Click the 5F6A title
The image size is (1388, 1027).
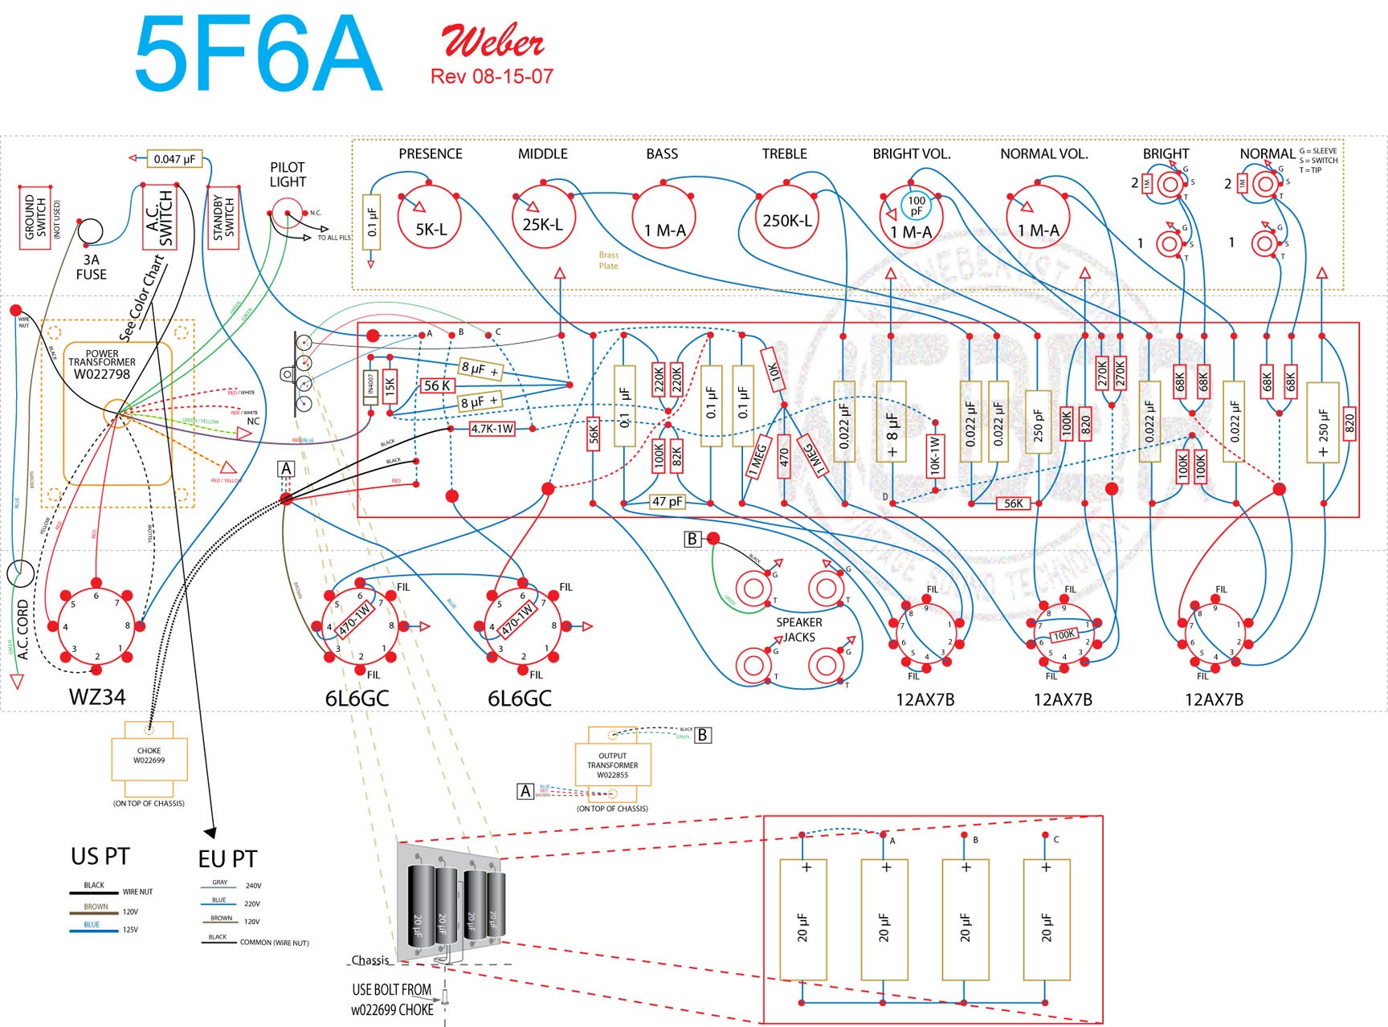[x=259, y=54]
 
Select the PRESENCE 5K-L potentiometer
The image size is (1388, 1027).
[x=431, y=218]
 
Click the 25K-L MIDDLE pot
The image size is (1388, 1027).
[x=542, y=218]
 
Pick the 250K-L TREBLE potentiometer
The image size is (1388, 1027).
[x=786, y=218]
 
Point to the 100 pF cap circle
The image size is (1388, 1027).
[x=916, y=206]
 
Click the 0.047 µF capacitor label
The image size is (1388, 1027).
[x=174, y=159]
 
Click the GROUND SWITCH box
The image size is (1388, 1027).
[x=35, y=217]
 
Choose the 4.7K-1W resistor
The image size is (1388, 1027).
[x=492, y=429]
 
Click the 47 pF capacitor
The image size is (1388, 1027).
[x=667, y=502]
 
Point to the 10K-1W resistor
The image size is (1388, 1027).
[x=934, y=455]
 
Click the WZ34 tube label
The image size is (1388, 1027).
[x=97, y=696]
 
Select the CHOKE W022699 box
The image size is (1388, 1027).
[x=149, y=756]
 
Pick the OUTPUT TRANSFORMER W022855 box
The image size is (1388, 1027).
[x=613, y=765]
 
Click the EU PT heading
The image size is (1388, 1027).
[x=227, y=859]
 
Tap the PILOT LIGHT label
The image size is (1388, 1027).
[x=288, y=174]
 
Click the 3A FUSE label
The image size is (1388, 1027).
[x=91, y=267]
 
